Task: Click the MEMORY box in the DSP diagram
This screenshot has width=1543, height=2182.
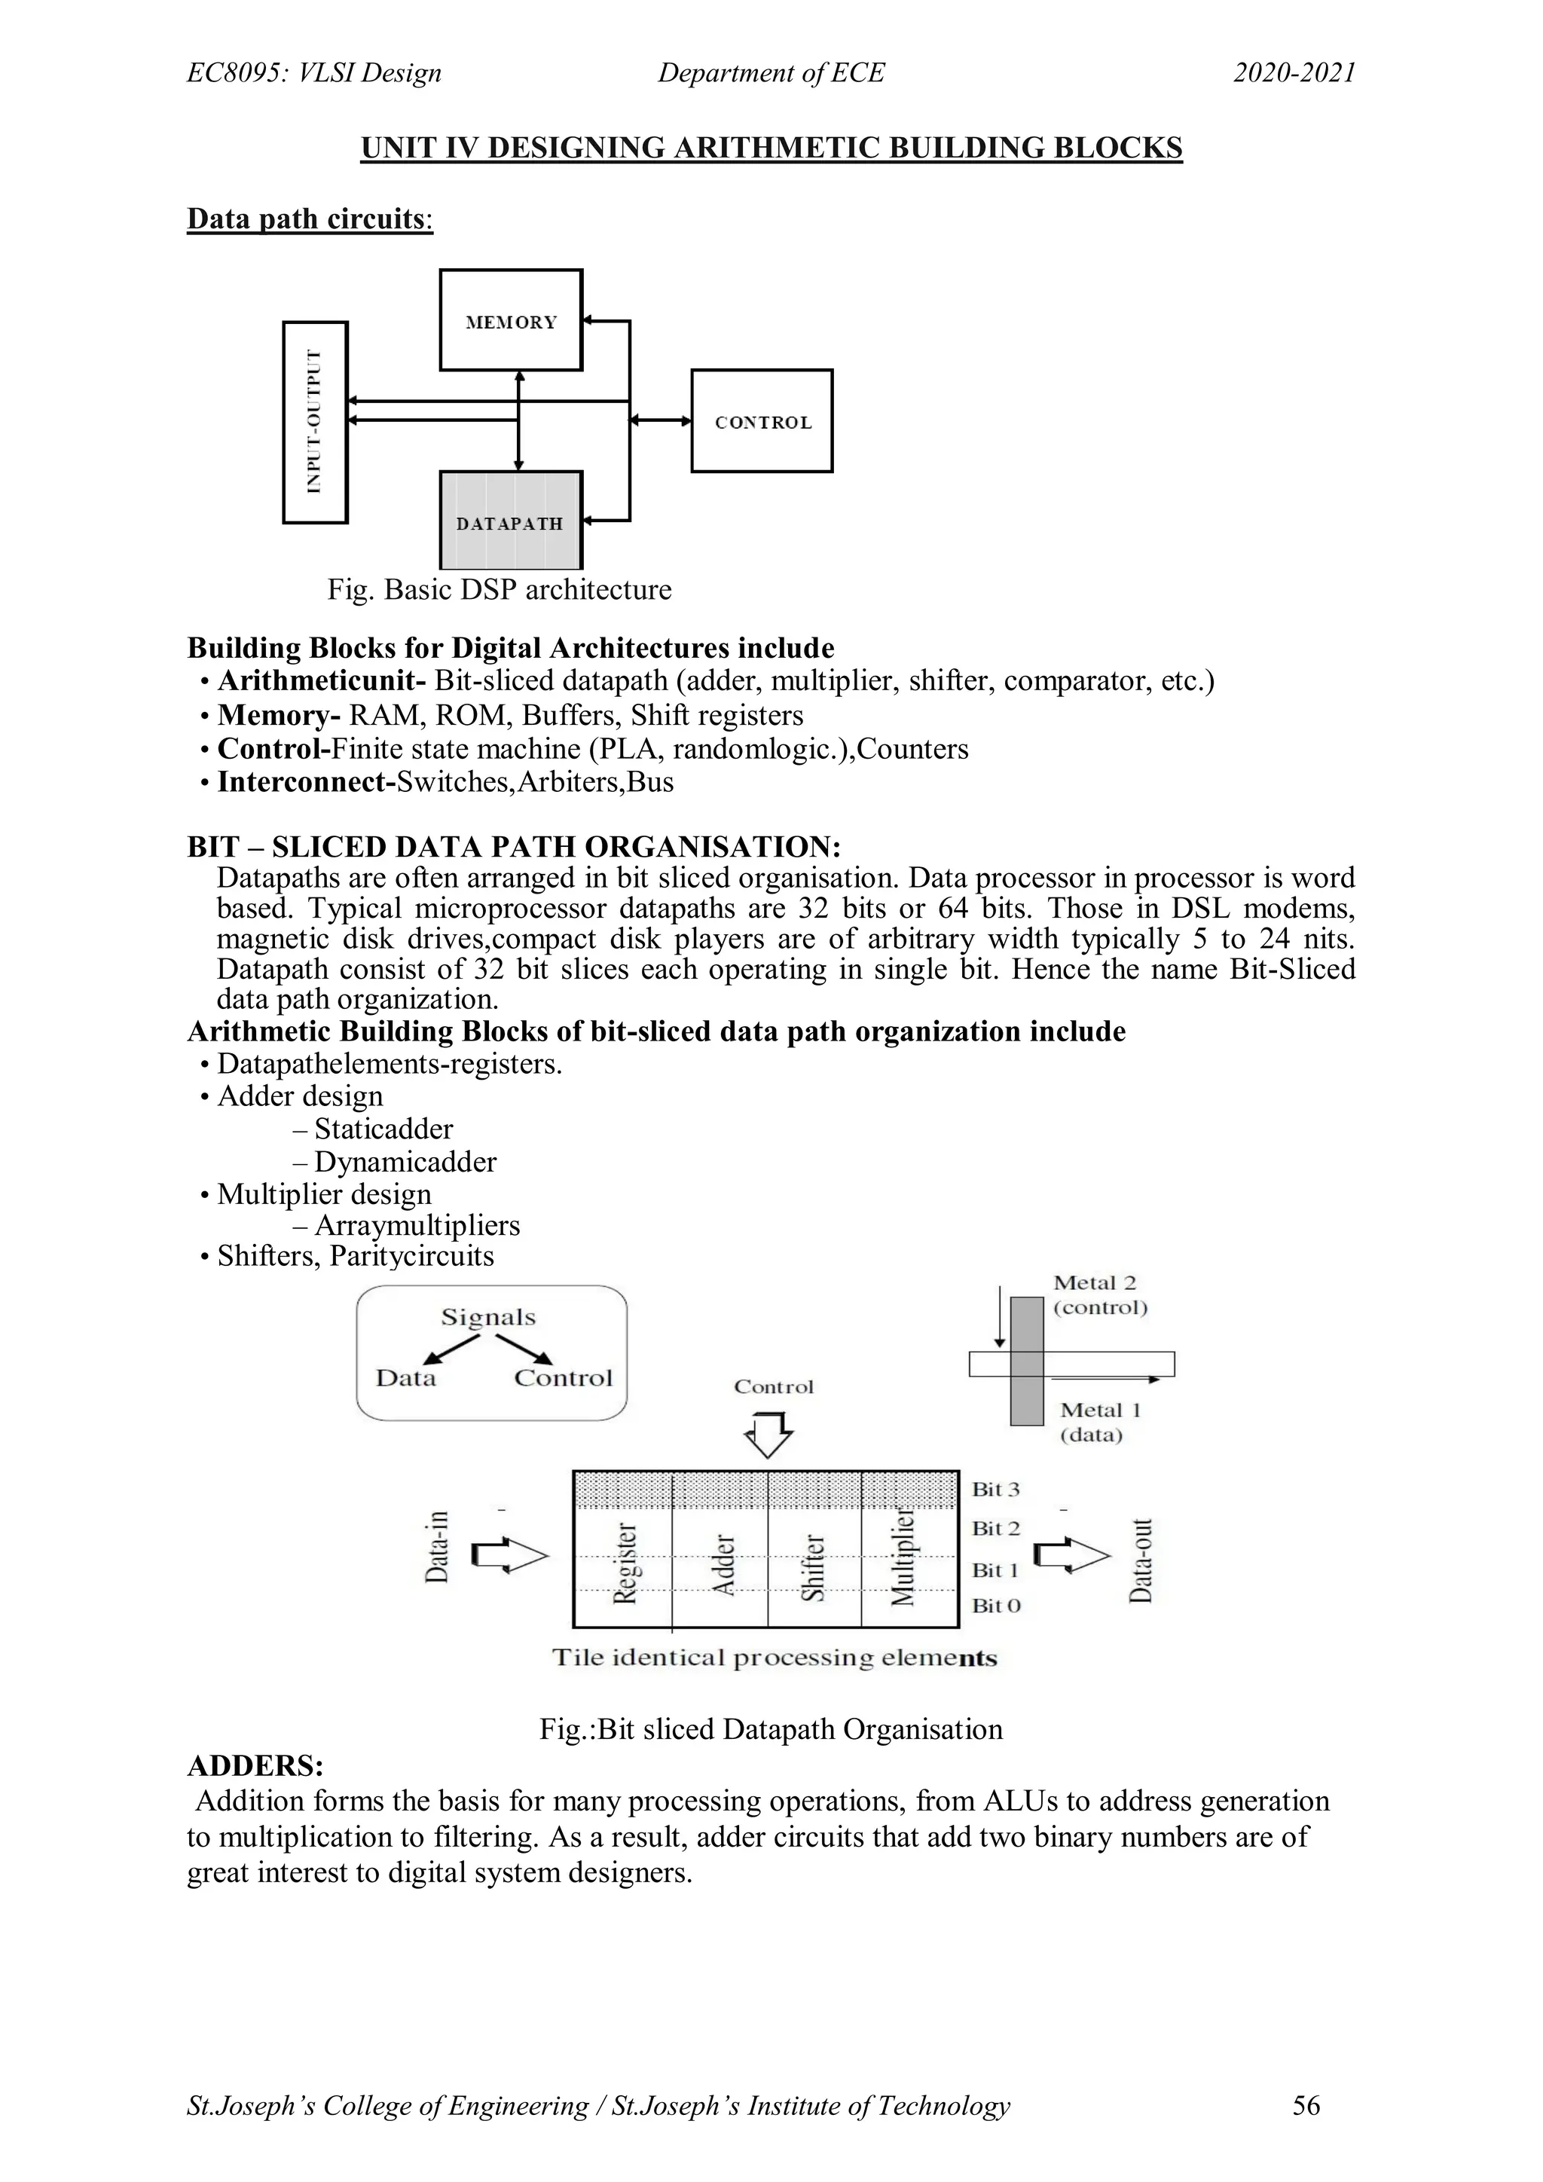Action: [511, 320]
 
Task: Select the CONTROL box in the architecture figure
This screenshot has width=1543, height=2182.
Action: [762, 421]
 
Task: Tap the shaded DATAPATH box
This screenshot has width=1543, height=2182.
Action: [511, 521]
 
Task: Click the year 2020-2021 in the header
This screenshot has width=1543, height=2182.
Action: [1294, 73]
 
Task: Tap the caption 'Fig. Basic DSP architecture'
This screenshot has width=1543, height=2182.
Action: [499, 589]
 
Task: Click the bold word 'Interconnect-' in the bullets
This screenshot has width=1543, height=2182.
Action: [306, 782]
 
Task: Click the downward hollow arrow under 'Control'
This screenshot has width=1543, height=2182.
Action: [768, 1433]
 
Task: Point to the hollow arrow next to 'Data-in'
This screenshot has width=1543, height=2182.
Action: [510, 1557]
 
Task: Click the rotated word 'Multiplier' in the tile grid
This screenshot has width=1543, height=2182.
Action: [903, 1557]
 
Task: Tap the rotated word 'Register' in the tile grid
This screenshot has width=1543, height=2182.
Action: [625, 1563]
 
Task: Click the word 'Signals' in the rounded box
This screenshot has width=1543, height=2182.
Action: [488, 1317]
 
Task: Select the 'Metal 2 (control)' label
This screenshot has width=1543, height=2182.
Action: [1099, 1295]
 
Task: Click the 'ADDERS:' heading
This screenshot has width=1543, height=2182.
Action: [255, 1766]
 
